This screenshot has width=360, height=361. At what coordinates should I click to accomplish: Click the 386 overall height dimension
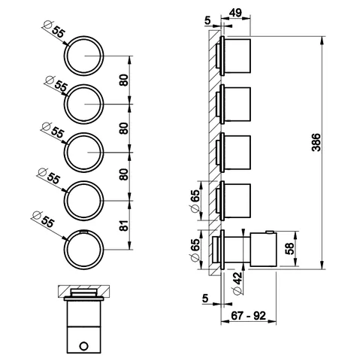[x=316, y=142]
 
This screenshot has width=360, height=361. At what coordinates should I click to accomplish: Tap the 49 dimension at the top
[x=235, y=13]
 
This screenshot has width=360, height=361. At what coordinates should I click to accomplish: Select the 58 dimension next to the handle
[x=290, y=248]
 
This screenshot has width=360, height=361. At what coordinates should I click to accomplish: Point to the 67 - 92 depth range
[x=248, y=315]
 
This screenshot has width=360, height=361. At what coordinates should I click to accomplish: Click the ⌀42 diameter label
[x=237, y=284]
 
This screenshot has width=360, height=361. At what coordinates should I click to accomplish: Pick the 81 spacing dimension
[x=124, y=226]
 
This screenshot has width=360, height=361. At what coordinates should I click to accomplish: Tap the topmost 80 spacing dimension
[x=124, y=80]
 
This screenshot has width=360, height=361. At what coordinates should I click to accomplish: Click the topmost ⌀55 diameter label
[x=54, y=29]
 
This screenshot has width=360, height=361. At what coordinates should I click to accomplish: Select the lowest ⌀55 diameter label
[x=44, y=220]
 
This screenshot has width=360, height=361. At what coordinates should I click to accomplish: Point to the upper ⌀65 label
[x=195, y=201]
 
